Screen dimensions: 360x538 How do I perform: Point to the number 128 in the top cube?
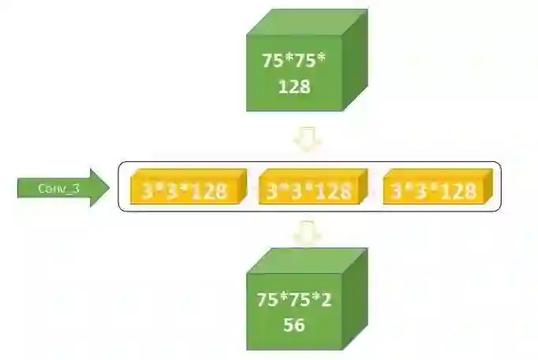point(293,86)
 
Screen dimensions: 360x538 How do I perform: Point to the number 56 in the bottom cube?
point(293,324)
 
